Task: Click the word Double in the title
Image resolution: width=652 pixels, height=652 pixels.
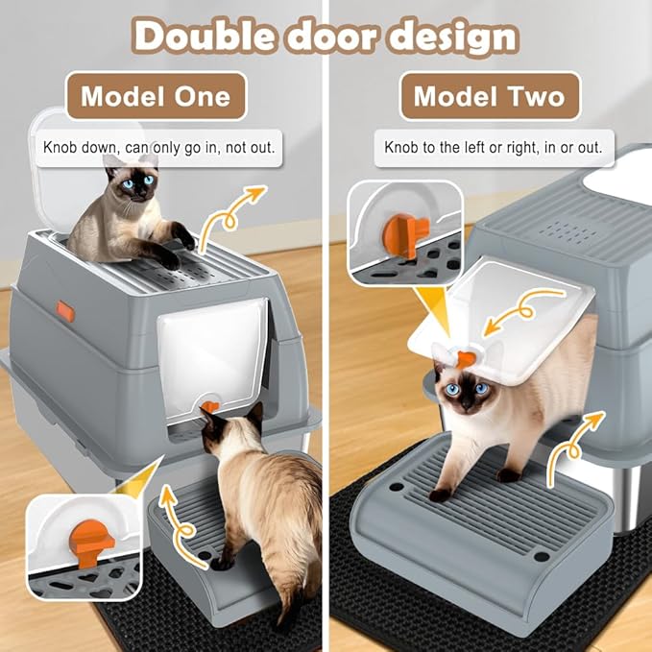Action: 204,36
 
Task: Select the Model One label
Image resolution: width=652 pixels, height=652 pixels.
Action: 157,96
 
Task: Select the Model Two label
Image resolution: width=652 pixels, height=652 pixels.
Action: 490,96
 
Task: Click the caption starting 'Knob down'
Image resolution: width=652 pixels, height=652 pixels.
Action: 158,148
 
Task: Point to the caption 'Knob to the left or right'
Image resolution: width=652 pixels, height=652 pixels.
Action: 494,148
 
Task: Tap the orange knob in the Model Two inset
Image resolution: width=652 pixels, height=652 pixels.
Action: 404,234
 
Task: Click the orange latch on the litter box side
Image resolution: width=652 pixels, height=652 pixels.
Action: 65,311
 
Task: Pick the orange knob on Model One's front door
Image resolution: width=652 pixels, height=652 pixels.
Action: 210,406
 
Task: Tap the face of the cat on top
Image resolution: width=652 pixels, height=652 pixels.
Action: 137,183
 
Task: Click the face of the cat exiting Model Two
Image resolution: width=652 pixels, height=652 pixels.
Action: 465,392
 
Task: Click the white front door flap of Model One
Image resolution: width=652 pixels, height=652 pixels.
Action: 213,358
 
